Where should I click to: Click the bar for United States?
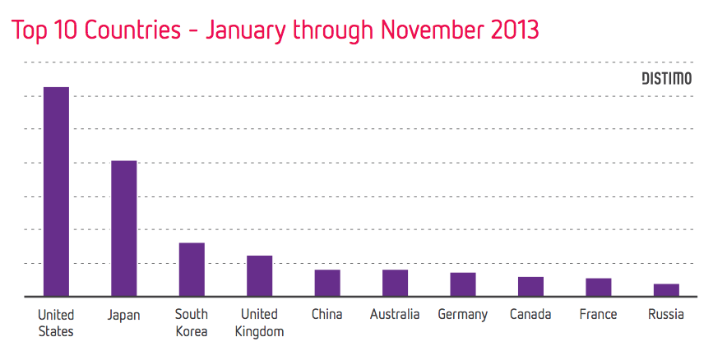56,191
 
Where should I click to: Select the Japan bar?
124,228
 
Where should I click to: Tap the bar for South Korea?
192,269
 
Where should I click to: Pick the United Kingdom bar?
260,275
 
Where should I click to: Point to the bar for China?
327,282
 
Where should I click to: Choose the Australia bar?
395,282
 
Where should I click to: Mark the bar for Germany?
463,284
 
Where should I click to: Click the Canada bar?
530,286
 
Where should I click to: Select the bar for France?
599,287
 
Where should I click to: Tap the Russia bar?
666,289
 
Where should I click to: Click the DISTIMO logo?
666,79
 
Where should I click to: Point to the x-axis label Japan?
123,315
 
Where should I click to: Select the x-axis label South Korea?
192,322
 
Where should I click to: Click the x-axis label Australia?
395,315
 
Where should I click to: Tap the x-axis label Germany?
463,315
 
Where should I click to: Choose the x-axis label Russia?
666,315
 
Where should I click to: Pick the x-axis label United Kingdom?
260,322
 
